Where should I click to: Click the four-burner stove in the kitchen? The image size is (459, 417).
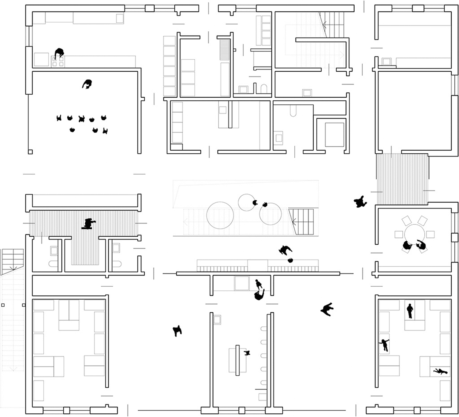58,62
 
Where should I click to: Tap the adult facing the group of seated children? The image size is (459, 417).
88,84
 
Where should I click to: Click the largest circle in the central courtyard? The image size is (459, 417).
220,215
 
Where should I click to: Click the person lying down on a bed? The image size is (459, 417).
440,371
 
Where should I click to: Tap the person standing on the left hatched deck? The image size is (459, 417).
89,224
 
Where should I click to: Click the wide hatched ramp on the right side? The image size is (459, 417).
402,179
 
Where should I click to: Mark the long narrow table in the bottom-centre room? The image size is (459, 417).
237,360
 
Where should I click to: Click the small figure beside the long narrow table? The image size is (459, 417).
247,353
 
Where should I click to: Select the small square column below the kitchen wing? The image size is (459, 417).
30,152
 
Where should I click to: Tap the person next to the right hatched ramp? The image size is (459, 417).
360,202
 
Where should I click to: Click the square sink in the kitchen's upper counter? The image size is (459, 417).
120,18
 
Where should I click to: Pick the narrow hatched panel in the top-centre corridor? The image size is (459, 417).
225,50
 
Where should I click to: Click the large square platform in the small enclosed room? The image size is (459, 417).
334,134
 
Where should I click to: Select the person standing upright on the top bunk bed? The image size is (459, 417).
410,311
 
